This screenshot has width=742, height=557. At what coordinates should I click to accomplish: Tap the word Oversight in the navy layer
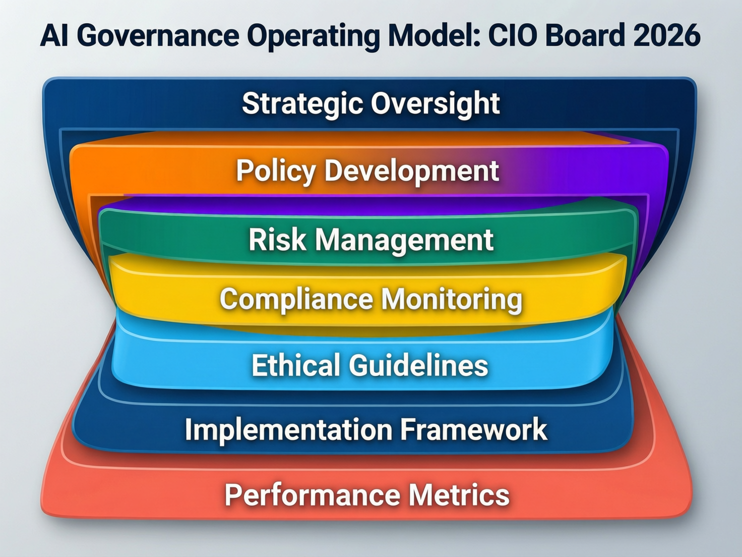pyautogui.click(x=436, y=104)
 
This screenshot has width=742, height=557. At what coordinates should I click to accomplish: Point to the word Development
pyautogui.click(x=411, y=171)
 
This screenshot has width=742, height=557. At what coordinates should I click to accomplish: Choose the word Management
pyautogui.click(x=404, y=240)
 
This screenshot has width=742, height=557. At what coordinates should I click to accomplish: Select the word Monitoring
pyautogui.click(x=452, y=299)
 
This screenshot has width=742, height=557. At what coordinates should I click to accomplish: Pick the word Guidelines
pyautogui.click(x=418, y=365)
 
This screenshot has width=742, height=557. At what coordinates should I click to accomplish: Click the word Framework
pyautogui.click(x=473, y=430)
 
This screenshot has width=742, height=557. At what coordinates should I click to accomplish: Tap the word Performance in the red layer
pyautogui.click(x=312, y=495)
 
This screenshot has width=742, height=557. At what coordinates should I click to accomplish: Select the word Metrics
pyautogui.click(x=459, y=495)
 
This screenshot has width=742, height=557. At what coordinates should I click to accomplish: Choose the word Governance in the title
pyautogui.click(x=158, y=35)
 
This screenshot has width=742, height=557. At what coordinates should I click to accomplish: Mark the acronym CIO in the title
pyautogui.click(x=512, y=35)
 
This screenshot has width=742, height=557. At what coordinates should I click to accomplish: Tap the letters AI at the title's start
pyautogui.click(x=54, y=35)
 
